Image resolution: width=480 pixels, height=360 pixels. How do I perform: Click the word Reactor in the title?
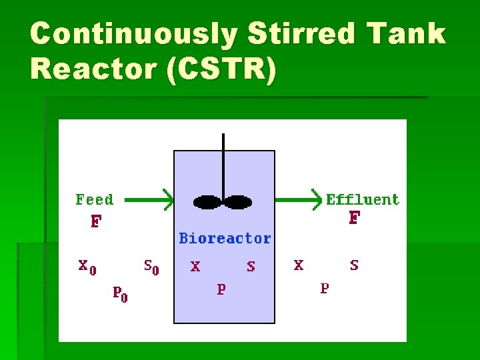coord(93,69)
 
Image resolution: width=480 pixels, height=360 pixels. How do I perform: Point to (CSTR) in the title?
coord(221,70)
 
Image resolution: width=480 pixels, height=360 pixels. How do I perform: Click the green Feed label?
coord(95,199)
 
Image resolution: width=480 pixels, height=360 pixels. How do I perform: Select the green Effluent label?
coord(363,199)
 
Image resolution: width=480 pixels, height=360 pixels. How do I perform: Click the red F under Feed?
coord(95,221)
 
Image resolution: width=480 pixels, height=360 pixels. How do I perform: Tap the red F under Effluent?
coord(354,219)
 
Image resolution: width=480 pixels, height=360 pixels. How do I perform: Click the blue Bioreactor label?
coord(225,239)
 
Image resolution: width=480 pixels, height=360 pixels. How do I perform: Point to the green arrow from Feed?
coord(149,199)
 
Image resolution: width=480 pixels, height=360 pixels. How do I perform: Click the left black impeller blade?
coord(207,201)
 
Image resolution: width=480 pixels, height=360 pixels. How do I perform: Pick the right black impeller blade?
coord(238,201)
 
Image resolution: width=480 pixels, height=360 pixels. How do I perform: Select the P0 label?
coord(119,293)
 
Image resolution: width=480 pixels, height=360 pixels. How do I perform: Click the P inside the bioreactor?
coord(221,289)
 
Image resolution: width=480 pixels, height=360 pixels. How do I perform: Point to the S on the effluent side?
coord(354,265)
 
